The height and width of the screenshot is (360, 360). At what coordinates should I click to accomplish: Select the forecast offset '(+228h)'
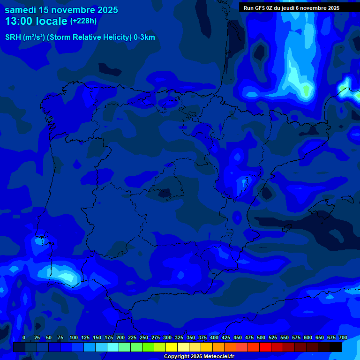click(x=83, y=21)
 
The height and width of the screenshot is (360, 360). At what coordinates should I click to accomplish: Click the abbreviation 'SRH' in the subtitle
click(x=13, y=37)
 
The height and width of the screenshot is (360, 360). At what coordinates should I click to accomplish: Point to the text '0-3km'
click(x=144, y=37)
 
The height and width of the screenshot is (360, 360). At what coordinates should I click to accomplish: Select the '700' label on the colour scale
click(x=343, y=338)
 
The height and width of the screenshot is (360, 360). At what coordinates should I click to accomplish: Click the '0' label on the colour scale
click(x=24, y=338)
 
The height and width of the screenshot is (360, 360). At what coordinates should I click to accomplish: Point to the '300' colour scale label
click(x=167, y=338)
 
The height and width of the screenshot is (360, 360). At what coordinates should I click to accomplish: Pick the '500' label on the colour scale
click(x=261, y=338)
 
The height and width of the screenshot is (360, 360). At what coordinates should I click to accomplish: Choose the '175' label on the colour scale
click(x=109, y=338)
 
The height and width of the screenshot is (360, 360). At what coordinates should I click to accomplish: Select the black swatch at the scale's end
click(x=336, y=347)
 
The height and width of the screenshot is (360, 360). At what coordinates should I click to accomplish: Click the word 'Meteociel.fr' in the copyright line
click(x=219, y=357)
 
